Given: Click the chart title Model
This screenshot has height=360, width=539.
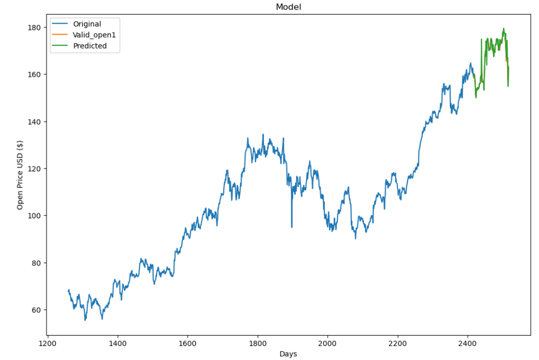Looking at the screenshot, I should click(x=289, y=7).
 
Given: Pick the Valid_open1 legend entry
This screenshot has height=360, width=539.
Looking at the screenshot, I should click(x=95, y=35).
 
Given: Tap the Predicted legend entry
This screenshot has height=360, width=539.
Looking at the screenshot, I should click(x=90, y=46).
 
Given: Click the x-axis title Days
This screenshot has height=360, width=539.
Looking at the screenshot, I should click(x=289, y=354).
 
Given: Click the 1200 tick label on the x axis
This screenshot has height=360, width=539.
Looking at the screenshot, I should click(x=48, y=342).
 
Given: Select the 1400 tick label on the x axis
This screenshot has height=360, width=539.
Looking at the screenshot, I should click(x=117, y=342).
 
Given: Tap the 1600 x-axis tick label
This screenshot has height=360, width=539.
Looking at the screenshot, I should click(x=188, y=342).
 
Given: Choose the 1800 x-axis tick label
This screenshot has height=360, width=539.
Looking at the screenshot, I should click(x=257, y=342).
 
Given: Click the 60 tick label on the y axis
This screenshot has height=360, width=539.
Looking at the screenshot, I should click(x=36, y=310).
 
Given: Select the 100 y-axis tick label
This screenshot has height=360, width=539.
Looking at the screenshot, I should click(x=34, y=216).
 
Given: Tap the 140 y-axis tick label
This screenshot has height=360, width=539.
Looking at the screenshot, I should click(x=34, y=122).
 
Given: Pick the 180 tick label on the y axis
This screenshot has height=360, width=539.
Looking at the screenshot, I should click(x=34, y=28).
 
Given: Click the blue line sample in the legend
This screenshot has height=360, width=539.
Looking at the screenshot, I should click(x=61, y=24).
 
